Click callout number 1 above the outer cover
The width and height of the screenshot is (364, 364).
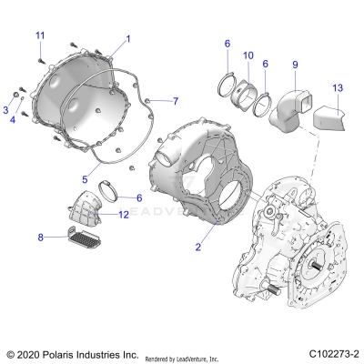click(128, 39)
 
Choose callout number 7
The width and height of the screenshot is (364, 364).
click(176, 100)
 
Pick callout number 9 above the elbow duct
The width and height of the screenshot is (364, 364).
click(294, 65)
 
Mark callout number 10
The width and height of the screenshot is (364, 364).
click(248, 56)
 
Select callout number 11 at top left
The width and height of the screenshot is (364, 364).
click(39, 35)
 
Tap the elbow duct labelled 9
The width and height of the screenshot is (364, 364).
click(294, 103)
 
